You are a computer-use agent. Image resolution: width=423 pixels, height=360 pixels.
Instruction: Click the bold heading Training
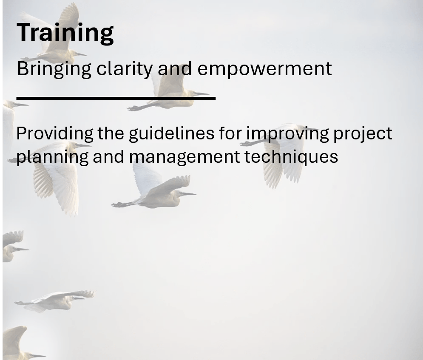tap(65, 32)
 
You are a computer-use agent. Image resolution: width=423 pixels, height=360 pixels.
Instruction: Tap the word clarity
tap(123, 69)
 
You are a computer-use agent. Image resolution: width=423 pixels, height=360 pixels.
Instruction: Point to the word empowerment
tap(264, 69)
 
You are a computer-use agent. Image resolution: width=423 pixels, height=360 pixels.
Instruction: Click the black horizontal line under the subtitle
tap(116, 99)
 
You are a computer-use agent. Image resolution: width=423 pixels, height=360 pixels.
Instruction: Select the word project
tap(362, 134)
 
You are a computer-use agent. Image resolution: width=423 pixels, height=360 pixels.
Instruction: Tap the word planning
tap(53, 157)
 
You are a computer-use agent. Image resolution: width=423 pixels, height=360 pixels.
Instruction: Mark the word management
tap(185, 157)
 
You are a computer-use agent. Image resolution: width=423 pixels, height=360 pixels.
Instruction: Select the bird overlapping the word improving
tap(283, 151)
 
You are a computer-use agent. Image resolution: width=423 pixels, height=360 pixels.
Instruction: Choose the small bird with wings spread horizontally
tap(55, 300)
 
